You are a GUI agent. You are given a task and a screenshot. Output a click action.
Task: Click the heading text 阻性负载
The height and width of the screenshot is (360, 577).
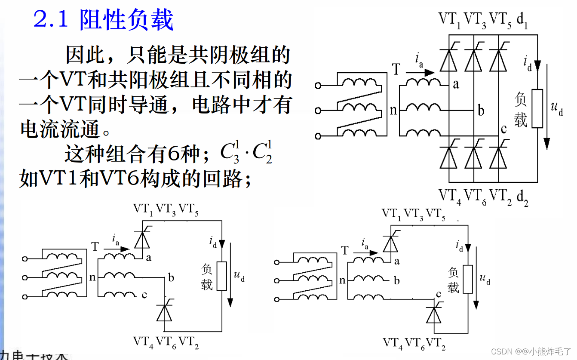(x=126, y=20)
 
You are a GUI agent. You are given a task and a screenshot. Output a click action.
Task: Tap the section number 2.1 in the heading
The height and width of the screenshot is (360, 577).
(x=51, y=20)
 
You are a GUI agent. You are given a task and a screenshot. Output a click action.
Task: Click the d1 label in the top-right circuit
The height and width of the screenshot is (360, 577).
(x=522, y=20)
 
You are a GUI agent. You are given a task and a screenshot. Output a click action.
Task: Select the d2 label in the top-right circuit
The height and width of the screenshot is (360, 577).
(x=522, y=197)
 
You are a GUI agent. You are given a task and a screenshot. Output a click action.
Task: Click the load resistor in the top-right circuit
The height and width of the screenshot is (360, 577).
(x=537, y=108)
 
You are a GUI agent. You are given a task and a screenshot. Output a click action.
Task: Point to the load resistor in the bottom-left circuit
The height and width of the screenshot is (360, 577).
(x=221, y=276)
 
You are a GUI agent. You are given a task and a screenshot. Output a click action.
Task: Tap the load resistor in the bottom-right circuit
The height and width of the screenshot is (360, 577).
(x=468, y=279)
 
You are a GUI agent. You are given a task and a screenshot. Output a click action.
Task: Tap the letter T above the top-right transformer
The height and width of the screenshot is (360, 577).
(x=396, y=69)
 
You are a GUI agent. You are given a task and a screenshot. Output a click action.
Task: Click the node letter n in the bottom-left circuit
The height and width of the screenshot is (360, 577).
(x=92, y=277)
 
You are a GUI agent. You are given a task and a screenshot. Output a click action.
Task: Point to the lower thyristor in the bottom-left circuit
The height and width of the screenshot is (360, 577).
(x=164, y=311)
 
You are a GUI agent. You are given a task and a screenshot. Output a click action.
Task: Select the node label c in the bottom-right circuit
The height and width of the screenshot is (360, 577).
(x=439, y=294)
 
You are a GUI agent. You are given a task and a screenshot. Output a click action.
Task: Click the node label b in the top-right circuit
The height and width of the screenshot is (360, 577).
(x=481, y=111)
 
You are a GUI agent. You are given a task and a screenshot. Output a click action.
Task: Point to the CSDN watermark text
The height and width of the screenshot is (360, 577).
(x=531, y=351)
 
